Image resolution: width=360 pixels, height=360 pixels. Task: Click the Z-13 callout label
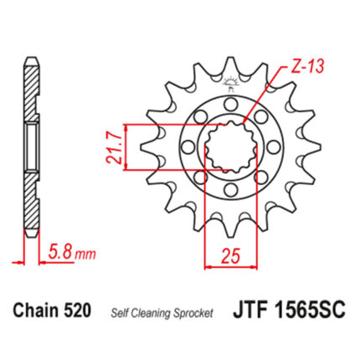pyautogui.click(x=307, y=66)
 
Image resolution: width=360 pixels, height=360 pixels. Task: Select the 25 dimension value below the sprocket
pyautogui.click(x=230, y=255)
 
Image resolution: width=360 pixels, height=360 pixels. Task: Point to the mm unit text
pyautogui.click(x=86, y=255)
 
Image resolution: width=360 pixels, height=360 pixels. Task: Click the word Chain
pyautogui.click(x=37, y=310)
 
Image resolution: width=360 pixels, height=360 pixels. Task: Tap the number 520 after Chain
pyautogui.click(x=77, y=310)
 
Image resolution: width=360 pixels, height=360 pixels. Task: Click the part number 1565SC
pyautogui.click(x=310, y=311)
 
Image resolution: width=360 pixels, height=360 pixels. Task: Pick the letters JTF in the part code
pyautogui.click(x=250, y=311)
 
